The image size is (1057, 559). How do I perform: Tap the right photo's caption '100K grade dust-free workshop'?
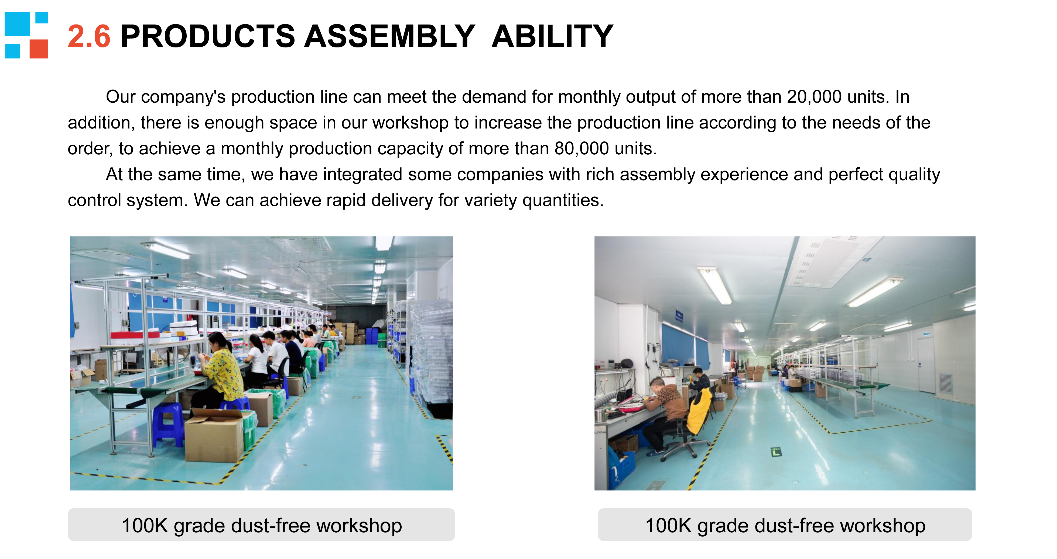785,525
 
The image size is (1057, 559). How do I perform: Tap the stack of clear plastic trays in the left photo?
431,352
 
